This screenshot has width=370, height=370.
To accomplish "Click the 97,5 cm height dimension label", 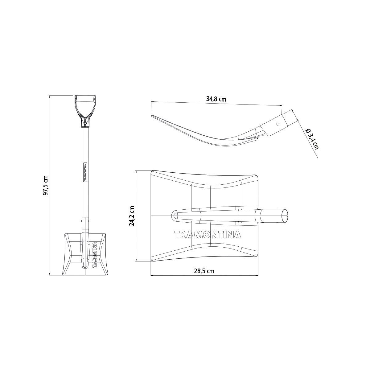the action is pyautogui.click(x=46, y=185).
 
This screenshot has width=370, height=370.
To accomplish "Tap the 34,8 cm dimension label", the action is pyautogui.click(x=216, y=99).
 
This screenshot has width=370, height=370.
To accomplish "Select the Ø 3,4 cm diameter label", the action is pyautogui.click(x=312, y=139).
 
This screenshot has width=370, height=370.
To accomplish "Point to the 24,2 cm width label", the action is pyautogui.click(x=132, y=216).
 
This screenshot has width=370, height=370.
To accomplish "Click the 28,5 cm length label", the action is pyautogui.click(x=204, y=271).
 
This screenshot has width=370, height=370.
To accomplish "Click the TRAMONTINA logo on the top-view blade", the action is pyautogui.click(x=208, y=235).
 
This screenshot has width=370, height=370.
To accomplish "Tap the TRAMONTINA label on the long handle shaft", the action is pyautogui.click(x=85, y=172).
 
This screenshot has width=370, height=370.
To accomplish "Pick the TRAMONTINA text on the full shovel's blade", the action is pyautogui.click(x=94, y=255).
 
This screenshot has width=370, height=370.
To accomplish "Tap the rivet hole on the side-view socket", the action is pyautogui.click(x=277, y=124).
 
